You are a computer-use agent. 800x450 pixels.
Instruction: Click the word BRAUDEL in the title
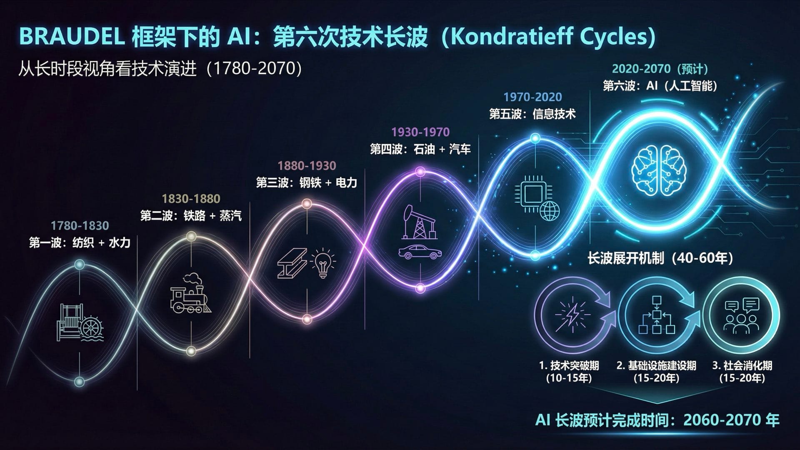pos(72,37)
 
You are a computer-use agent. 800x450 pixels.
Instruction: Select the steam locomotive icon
pos(191,293)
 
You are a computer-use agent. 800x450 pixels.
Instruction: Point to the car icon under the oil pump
pos(420,252)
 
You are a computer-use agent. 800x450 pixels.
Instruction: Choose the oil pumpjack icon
pos(419,221)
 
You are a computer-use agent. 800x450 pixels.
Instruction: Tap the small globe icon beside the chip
pos(550,210)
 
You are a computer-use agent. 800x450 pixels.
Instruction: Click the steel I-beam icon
pos(292,263)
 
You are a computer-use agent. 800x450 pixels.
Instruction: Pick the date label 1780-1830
pos(80,226)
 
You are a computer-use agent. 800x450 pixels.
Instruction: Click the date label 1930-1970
pos(420,132)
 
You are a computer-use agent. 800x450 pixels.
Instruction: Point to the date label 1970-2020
pos(532,97)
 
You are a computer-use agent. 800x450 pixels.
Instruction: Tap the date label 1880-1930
pos(307,166)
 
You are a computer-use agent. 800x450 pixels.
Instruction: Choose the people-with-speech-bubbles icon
pos(741,316)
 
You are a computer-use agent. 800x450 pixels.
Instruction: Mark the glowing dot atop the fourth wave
pos(420,171)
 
